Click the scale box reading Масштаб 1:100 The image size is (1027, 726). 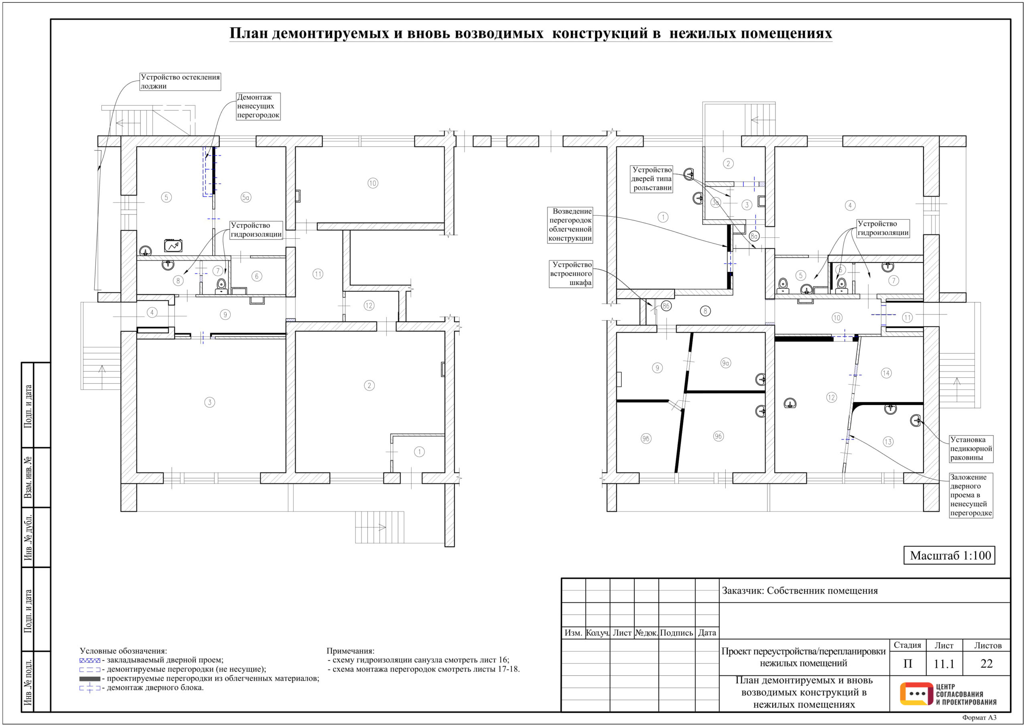coord(949,555)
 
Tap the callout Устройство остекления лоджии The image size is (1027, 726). coord(180,81)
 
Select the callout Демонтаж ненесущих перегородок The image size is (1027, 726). coord(258,106)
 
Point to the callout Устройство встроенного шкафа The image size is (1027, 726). coord(571,274)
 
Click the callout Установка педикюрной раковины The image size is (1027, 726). coord(971,449)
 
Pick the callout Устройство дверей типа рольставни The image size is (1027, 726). coord(652,179)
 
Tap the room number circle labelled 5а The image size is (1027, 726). coord(246,197)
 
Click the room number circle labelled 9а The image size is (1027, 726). coord(726,363)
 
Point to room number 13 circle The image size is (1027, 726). coord(888,442)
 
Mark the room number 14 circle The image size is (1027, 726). coord(886,373)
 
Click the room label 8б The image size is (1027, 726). coord(666,306)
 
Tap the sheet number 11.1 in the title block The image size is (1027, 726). coord(944,664)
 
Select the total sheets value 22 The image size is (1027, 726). coord(986,663)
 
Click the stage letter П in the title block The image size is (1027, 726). coord(907,664)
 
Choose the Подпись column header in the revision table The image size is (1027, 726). coord(676,633)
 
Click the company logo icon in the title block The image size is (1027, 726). coord(914,694)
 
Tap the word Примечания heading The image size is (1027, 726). coord(350,651)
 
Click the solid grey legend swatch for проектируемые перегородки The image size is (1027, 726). coord(89,679)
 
